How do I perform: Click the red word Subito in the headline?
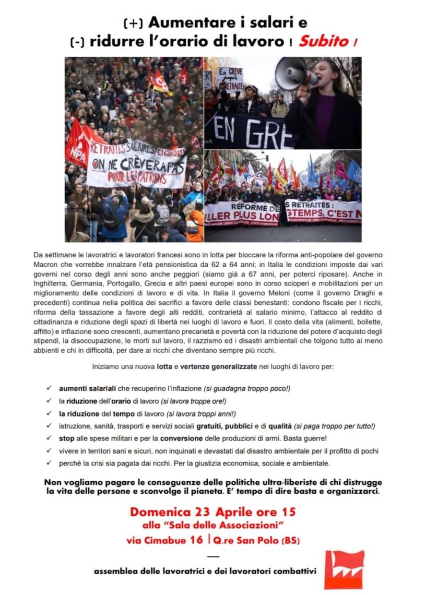coord(324,41)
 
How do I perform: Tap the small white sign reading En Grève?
coord(230,78)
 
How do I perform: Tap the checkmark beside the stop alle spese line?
coord(48,438)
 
